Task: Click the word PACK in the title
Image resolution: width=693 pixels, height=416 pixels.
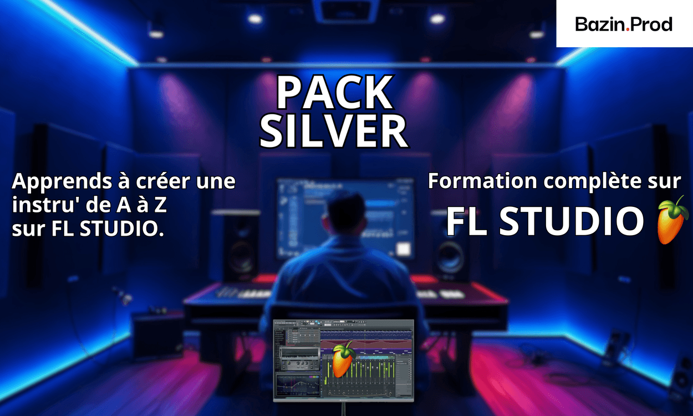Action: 335,93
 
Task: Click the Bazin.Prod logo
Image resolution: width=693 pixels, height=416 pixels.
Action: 624,24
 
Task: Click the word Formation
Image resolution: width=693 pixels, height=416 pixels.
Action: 482,181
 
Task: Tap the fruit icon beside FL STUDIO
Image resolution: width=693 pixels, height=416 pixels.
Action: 672,220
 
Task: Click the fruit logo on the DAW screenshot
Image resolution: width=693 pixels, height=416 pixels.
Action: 343,359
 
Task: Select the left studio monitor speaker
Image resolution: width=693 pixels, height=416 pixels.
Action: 241,246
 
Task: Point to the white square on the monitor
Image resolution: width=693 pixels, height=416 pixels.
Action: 404,248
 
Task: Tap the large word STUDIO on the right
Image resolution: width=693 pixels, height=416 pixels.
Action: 572,220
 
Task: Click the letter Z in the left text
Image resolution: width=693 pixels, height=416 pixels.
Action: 161,205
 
